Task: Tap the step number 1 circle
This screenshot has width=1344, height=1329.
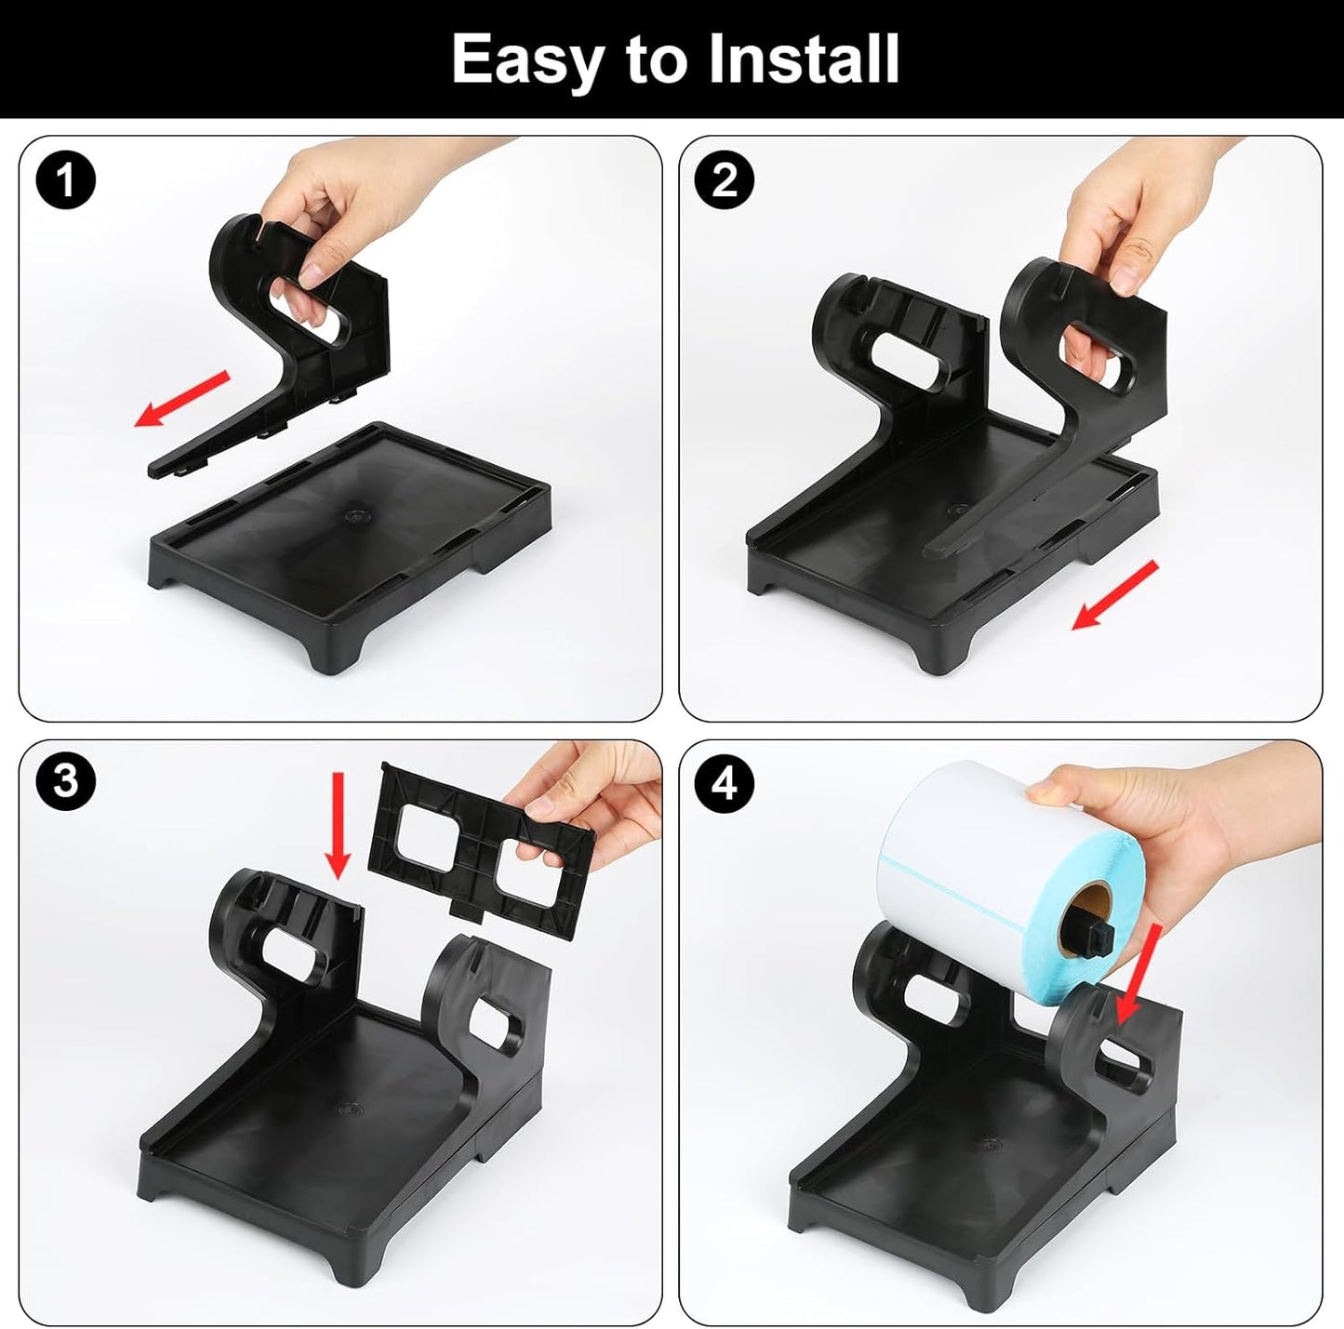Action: (66, 179)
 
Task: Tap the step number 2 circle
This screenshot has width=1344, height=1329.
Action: (725, 179)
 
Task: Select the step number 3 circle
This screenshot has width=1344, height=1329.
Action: (66, 780)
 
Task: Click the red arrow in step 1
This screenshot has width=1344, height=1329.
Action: (182, 398)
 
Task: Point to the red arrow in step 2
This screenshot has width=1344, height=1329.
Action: (1115, 595)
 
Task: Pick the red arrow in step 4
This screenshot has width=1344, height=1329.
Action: (1136, 972)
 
